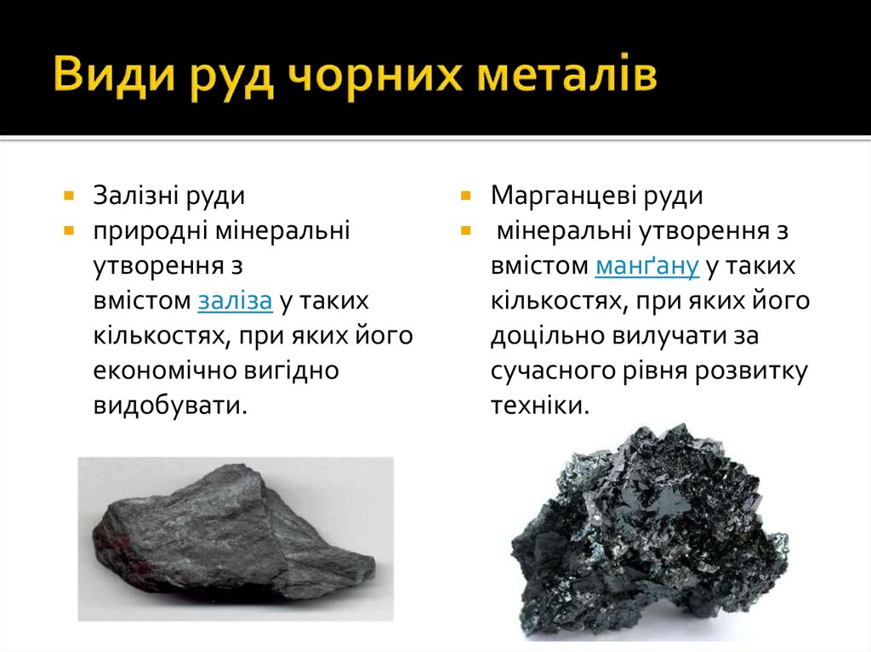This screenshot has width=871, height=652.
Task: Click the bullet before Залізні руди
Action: [67, 196]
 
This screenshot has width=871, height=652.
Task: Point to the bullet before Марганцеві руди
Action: [465, 196]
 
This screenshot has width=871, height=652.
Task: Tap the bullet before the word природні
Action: [67, 230]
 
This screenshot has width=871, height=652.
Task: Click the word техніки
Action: [539, 405]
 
